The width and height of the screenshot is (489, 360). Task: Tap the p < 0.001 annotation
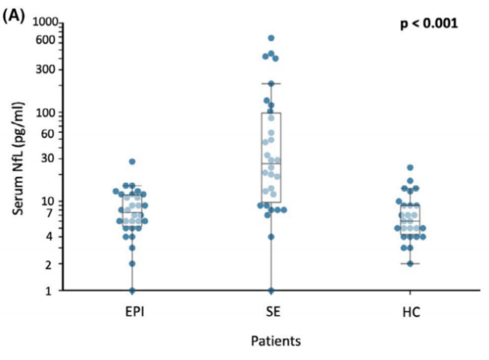(x=428, y=23)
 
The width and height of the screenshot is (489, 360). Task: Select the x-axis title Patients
(x=276, y=340)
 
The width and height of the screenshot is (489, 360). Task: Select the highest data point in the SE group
(x=272, y=37)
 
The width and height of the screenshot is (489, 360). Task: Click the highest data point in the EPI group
(x=132, y=161)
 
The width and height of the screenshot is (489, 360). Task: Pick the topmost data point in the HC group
(x=411, y=168)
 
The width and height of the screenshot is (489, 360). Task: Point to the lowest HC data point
(x=411, y=264)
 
